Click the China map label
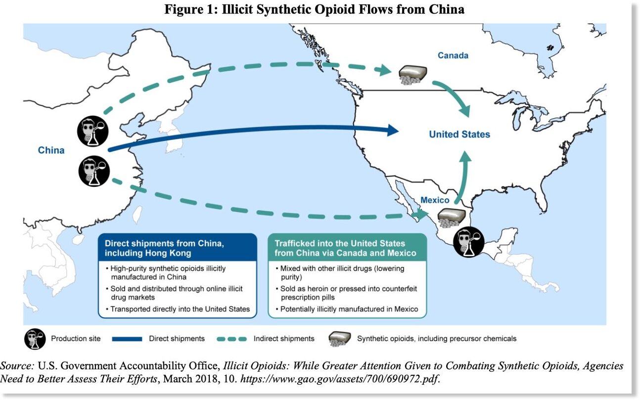51,150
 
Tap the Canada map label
453,55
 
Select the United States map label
459,134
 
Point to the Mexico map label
435,200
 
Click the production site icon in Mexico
468,242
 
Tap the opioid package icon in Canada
413,75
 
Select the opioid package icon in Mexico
452,218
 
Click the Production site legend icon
35,339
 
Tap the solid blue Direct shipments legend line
127,339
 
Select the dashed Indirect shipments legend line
231,339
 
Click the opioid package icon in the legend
339,339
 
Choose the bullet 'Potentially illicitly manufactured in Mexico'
347,309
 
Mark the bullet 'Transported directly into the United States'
178,309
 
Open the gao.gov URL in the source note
339,379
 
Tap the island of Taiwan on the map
137,215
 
